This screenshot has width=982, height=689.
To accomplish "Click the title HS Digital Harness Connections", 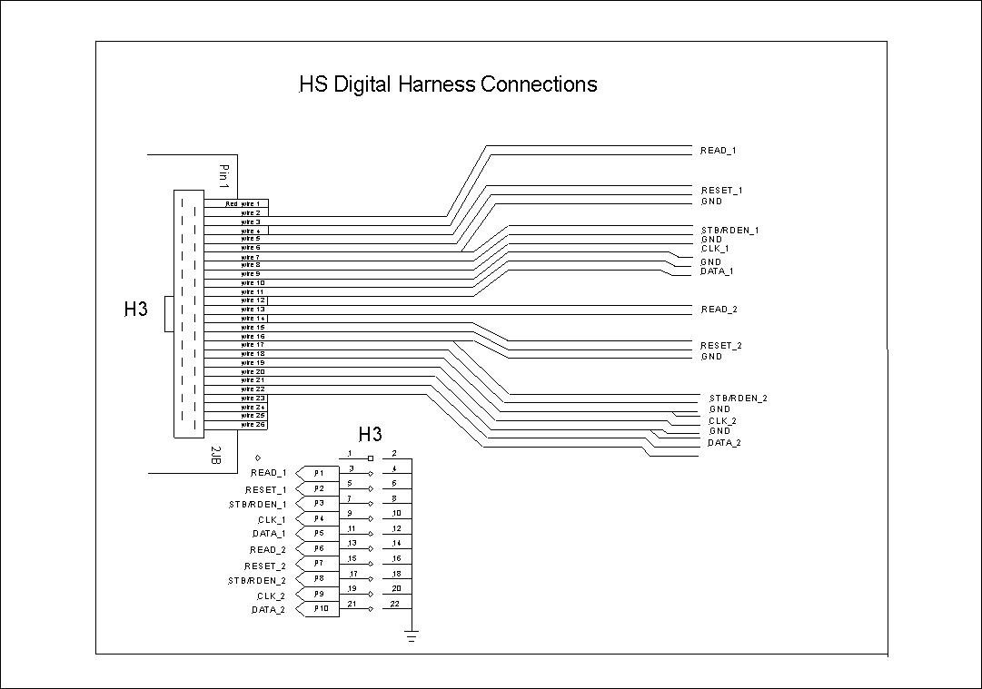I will (x=448, y=84).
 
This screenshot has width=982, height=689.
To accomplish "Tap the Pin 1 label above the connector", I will (x=224, y=176).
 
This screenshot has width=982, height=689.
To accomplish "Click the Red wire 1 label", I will (x=243, y=203).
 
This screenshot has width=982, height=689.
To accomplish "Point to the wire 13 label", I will (x=253, y=310).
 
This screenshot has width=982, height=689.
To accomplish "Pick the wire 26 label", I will (x=253, y=424).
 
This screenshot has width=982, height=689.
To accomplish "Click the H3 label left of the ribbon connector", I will (x=135, y=310).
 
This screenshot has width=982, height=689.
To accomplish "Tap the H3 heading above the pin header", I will (x=371, y=434).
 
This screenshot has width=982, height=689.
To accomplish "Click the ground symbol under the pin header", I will (x=412, y=636).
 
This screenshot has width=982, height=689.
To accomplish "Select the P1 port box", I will (x=319, y=473).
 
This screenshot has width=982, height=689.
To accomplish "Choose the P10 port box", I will (x=321, y=609).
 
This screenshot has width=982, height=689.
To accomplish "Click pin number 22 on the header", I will (x=394, y=604).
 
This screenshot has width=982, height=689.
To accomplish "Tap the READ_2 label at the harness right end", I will (x=719, y=310).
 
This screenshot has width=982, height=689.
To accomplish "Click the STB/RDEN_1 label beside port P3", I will (x=257, y=504).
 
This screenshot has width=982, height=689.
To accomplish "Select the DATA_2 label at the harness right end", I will (x=724, y=443).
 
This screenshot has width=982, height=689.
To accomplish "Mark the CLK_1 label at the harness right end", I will (x=715, y=248).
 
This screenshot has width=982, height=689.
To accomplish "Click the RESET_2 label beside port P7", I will (x=265, y=566).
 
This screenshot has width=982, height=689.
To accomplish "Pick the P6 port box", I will (x=319, y=548).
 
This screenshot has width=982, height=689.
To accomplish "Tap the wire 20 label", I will (x=253, y=371).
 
